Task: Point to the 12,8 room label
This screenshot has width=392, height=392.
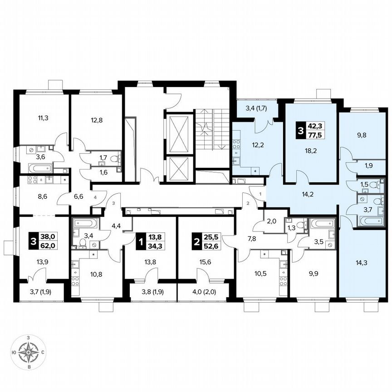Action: click(x=96, y=120)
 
